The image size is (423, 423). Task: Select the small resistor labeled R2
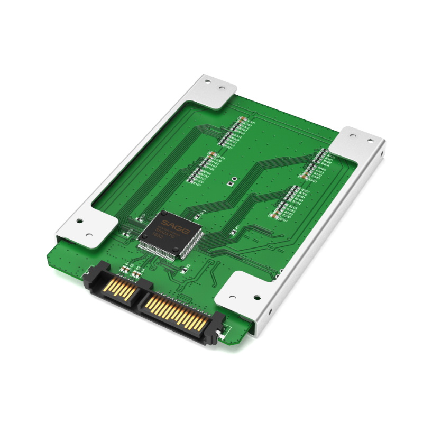186,268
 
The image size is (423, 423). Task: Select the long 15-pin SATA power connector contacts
174,312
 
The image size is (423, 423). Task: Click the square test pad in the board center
229,184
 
